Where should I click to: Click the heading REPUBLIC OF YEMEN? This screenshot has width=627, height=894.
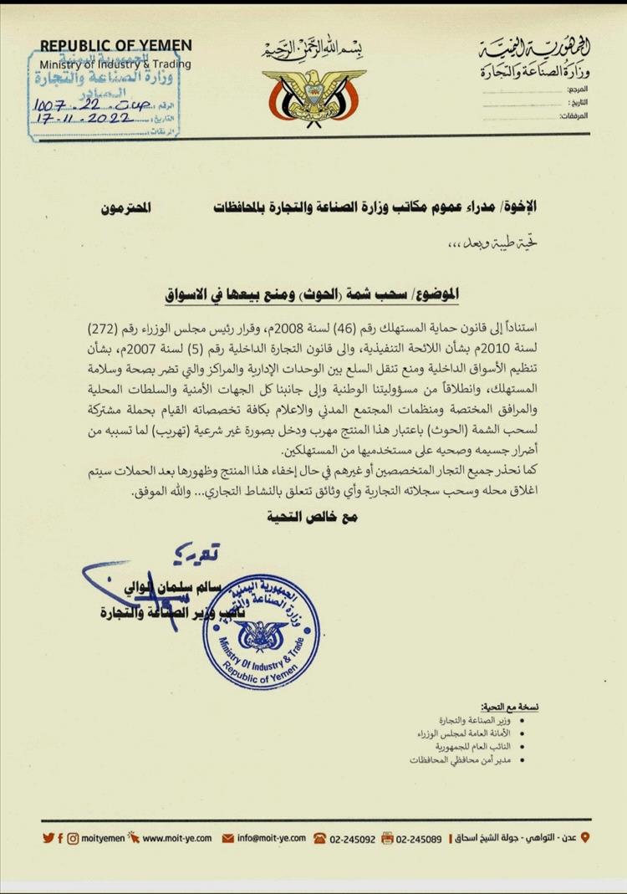coord(116,46)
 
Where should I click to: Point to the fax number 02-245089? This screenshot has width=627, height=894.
coord(419,837)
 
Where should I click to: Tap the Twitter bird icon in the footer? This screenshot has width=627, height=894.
coord(48,837)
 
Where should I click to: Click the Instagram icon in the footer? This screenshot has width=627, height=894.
coord(74,837)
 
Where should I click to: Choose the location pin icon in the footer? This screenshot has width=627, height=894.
coord(584,837)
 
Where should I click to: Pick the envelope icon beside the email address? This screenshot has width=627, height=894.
coord(227,837)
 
